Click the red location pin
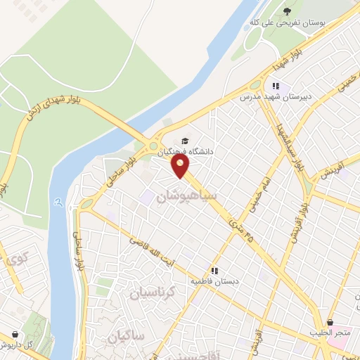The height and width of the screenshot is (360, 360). point(181,166)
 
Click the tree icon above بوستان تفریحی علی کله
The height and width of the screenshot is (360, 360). point(287,10)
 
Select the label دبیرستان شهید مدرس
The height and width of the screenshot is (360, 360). point(276,98)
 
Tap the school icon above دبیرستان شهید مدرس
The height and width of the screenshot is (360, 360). point(276,87)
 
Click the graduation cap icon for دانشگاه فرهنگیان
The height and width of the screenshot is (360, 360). point(185,140)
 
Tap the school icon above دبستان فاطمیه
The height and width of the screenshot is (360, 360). point(214,269)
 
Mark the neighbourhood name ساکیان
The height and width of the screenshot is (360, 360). point(127,337)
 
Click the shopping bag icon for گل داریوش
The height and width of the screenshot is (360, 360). point(15,334)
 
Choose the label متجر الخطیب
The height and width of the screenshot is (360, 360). point(330,333)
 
